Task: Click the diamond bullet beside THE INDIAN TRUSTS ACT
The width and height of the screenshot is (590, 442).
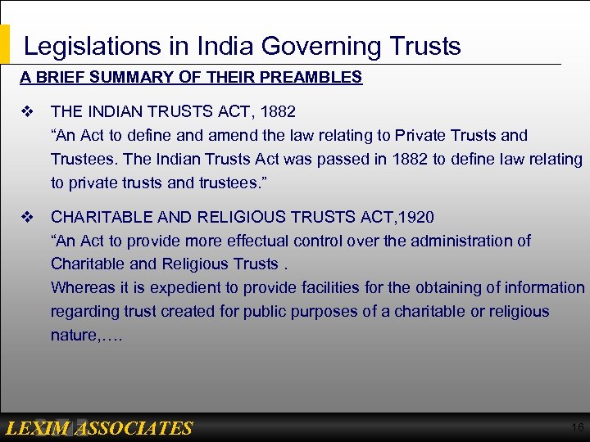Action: (x=28, y=110)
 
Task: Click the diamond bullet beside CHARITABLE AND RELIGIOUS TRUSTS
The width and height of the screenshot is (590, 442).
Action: (x=28, y=217)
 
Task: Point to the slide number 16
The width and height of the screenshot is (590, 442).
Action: (x=577, y=427)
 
